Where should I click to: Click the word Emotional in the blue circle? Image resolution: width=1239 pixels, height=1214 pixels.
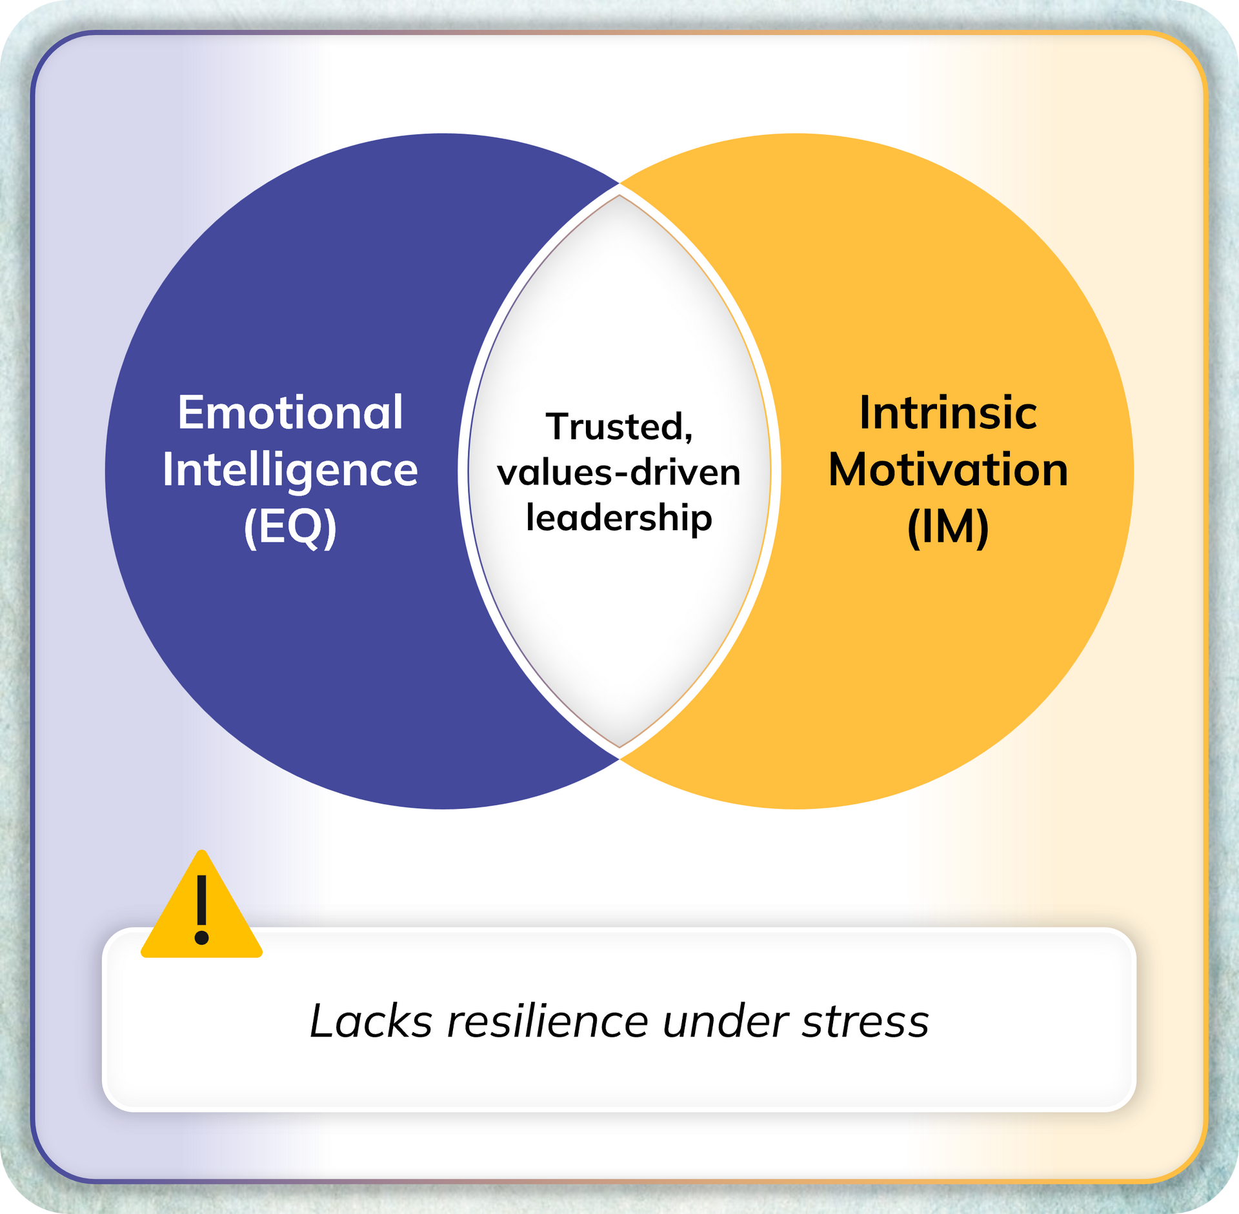click(x=290, y=413)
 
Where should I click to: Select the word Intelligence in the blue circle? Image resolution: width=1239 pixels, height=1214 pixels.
click(x=290, y=470)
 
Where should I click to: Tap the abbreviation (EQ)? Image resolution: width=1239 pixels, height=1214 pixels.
click(x=290, y=527)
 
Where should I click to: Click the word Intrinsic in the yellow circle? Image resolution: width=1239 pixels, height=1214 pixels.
click(x=947, y=413)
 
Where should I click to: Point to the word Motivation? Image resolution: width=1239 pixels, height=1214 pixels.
click(x=947, y=470)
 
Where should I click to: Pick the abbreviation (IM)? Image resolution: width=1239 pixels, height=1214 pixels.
click(x=947, y=527)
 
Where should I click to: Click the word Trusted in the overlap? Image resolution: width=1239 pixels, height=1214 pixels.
click(x=613, y=426)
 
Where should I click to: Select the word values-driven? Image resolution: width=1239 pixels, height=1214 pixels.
click(x=619, y=472)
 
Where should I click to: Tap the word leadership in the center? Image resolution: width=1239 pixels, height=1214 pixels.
click(x=619, y=518)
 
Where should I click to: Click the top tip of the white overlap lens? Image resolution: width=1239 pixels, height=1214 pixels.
click(x=619, y=196)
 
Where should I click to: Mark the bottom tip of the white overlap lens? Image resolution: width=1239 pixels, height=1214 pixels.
click(x=619, y=747)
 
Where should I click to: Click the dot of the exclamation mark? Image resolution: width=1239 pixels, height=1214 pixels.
click(x=201, y=937)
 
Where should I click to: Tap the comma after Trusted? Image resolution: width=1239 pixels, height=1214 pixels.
click(x=688, y=439)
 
